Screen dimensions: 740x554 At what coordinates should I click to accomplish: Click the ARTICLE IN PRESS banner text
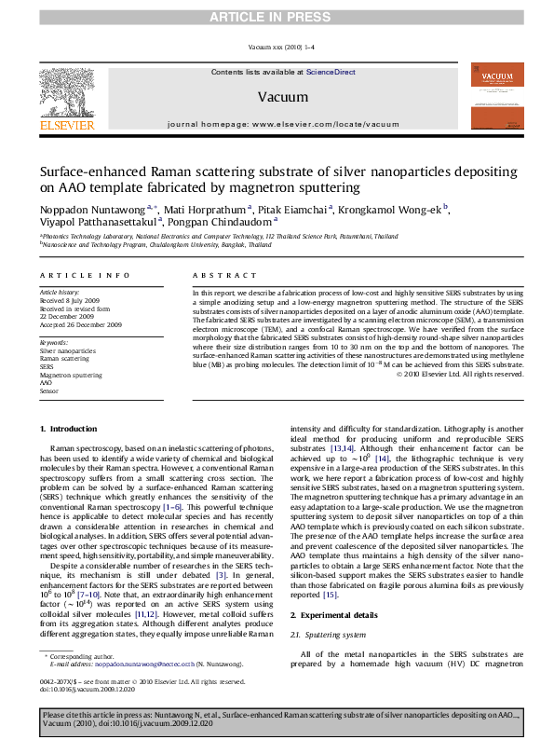click(277, 11)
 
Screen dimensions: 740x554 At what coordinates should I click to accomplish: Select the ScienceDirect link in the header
click(331, 71)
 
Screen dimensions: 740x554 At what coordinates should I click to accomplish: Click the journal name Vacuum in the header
click(277, 96)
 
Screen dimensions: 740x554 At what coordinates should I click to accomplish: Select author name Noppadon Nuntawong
click(80, 209)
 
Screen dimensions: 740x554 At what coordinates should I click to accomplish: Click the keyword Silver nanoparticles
click(67, 349)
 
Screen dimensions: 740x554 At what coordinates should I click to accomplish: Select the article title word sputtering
click(329, 188)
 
